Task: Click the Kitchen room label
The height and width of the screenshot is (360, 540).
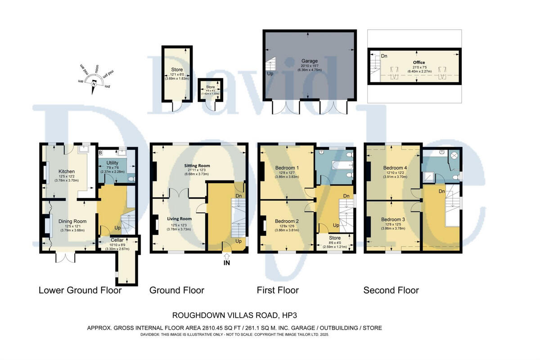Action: tap(67, 171)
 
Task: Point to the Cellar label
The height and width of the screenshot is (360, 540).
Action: tap(111, 240)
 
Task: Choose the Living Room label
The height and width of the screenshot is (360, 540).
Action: tap(179, 219)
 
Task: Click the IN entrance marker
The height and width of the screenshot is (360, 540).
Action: tap(226, 263)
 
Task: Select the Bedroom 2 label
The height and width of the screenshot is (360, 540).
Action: tap(287, 221)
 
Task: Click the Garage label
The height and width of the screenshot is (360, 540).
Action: tap(309, 61)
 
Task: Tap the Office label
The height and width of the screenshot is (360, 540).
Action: tap(419, 63)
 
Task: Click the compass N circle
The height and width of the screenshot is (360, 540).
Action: tap(94, 83)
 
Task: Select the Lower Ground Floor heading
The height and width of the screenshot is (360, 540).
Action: tap(80, 290)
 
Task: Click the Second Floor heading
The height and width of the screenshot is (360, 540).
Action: tap(391, 290)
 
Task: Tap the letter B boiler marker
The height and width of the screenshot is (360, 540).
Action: tap(101, 153)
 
